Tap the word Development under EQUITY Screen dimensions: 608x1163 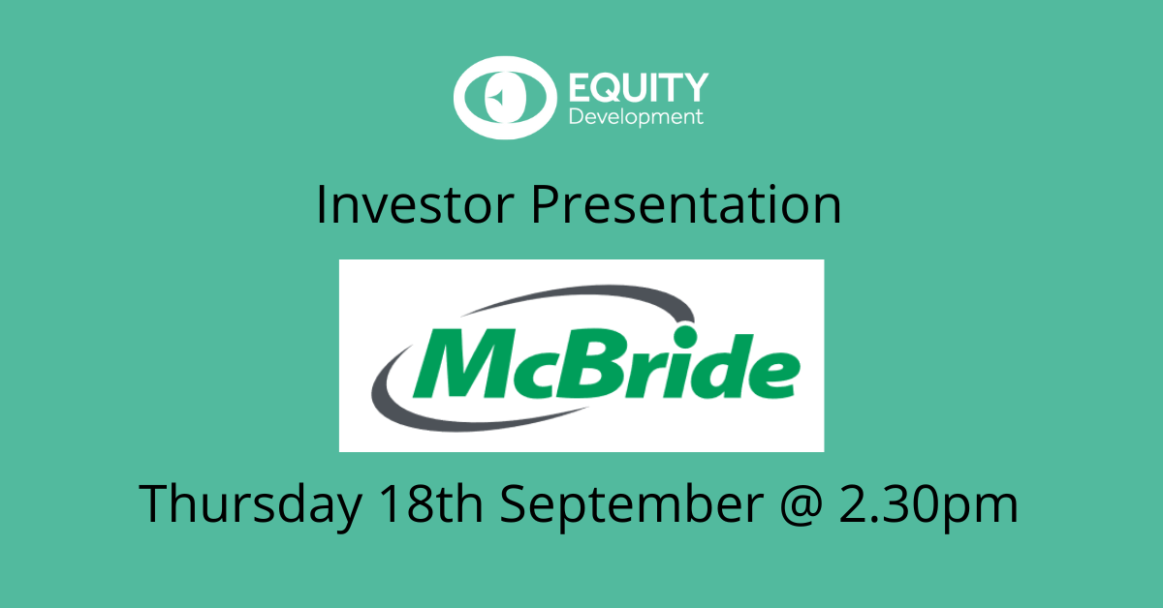634,117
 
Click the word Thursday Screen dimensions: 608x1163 246,503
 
